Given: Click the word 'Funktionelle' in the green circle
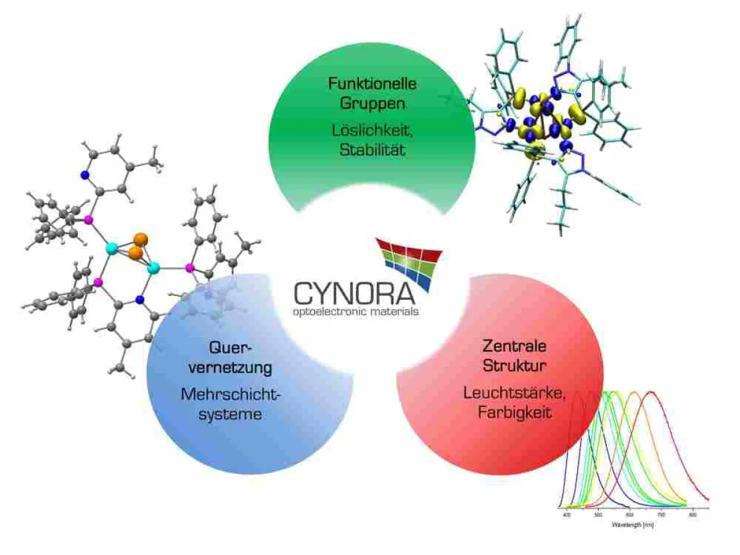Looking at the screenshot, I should (372, 83).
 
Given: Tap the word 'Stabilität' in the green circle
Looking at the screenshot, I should (372, 149).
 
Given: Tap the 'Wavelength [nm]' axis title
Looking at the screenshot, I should (633, 525).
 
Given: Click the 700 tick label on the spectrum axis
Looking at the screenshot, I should (661, 514).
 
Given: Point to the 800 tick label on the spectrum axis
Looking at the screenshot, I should (693, 514).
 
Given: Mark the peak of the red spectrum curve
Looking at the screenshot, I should (651, 392).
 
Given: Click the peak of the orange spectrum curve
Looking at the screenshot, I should (632, 392).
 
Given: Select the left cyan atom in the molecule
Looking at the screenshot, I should (112, 249).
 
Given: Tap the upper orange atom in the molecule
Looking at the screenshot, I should (141, 239).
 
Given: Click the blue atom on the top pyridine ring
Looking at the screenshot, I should (84, 175).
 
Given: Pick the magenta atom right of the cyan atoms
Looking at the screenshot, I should (189, 268).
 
